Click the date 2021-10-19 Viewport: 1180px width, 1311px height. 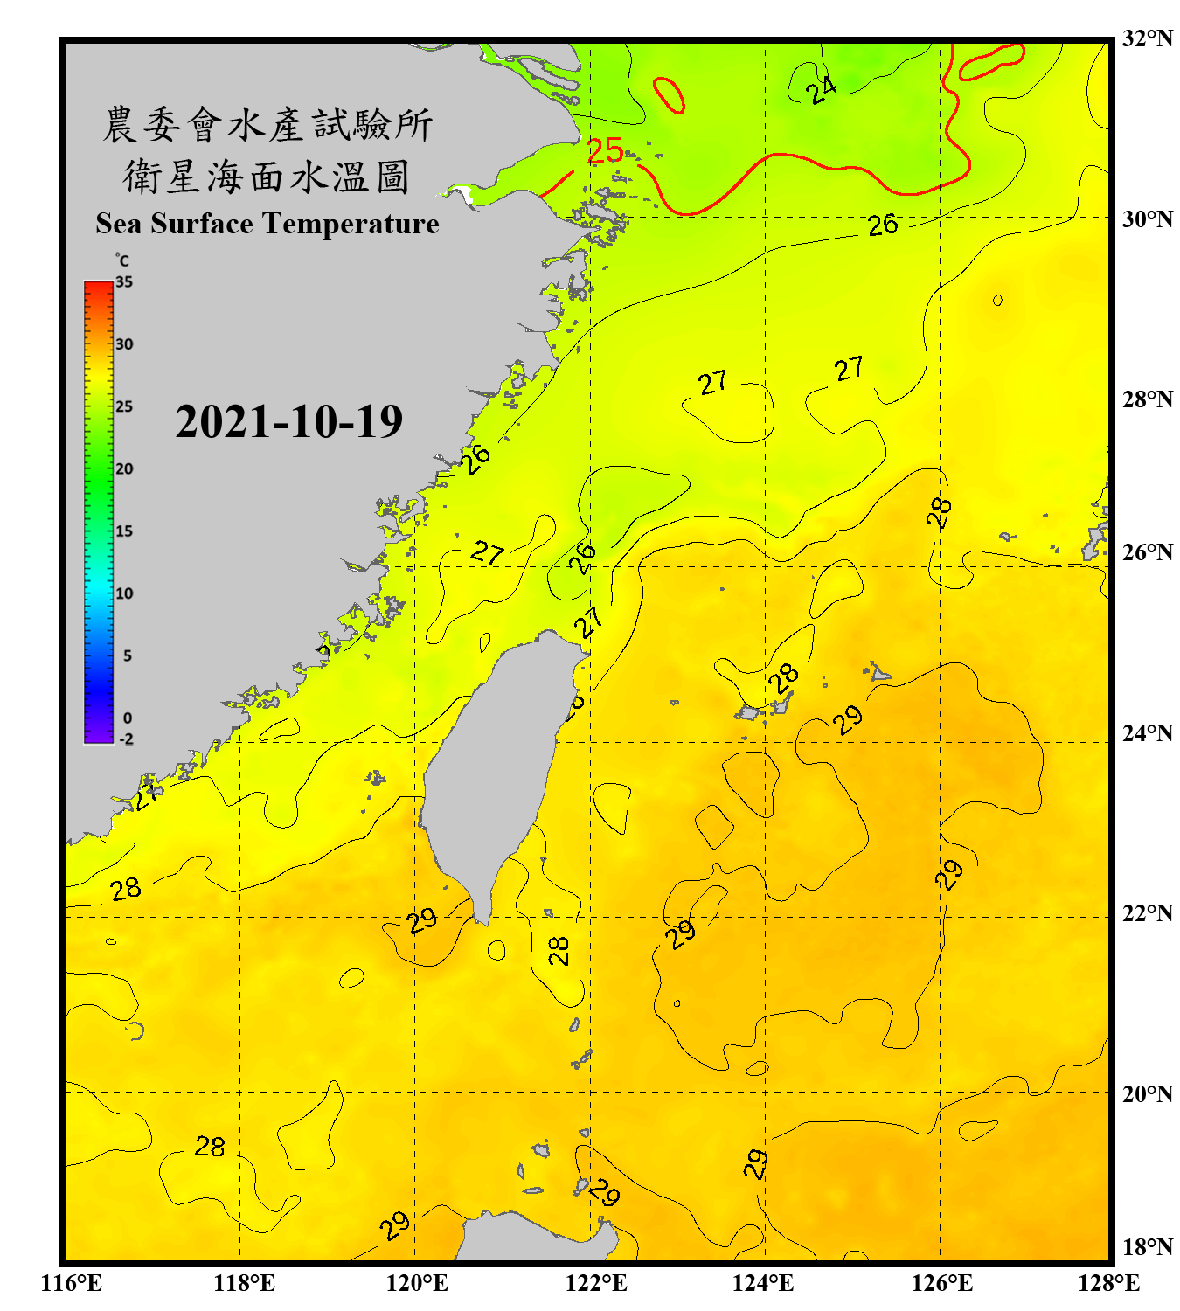tap(288, 422)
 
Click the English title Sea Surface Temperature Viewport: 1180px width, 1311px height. tap(267, 224)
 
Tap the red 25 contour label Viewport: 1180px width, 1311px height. tap(605, 151)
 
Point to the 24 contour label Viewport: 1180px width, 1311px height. tap(821, 89)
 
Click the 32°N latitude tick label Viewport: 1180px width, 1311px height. tap(1147, 38)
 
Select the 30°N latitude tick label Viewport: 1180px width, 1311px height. tap(1147, 218)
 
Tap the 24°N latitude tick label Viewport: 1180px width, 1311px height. tap(1147, 732)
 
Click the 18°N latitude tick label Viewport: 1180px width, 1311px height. tap(1147, 1247)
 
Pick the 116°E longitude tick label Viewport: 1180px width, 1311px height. tap(72, 1283)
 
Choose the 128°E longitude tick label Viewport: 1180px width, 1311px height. tap(1108, 1283)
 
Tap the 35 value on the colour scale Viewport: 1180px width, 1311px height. tap(124, 281)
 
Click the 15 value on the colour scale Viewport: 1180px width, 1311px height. tap(124, 531)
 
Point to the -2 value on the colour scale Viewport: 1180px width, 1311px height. tap(126, 739)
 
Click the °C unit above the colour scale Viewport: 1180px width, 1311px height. tap(122, 260)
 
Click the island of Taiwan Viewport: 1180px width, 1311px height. tap(494, 769)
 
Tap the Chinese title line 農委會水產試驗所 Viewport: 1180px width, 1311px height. tap(267, 124)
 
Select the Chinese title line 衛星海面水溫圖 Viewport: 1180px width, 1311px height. tap(267, 177)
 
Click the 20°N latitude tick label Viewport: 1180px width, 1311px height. tap(1147, 1093)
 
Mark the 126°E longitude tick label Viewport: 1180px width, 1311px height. tap(941, 1283)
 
